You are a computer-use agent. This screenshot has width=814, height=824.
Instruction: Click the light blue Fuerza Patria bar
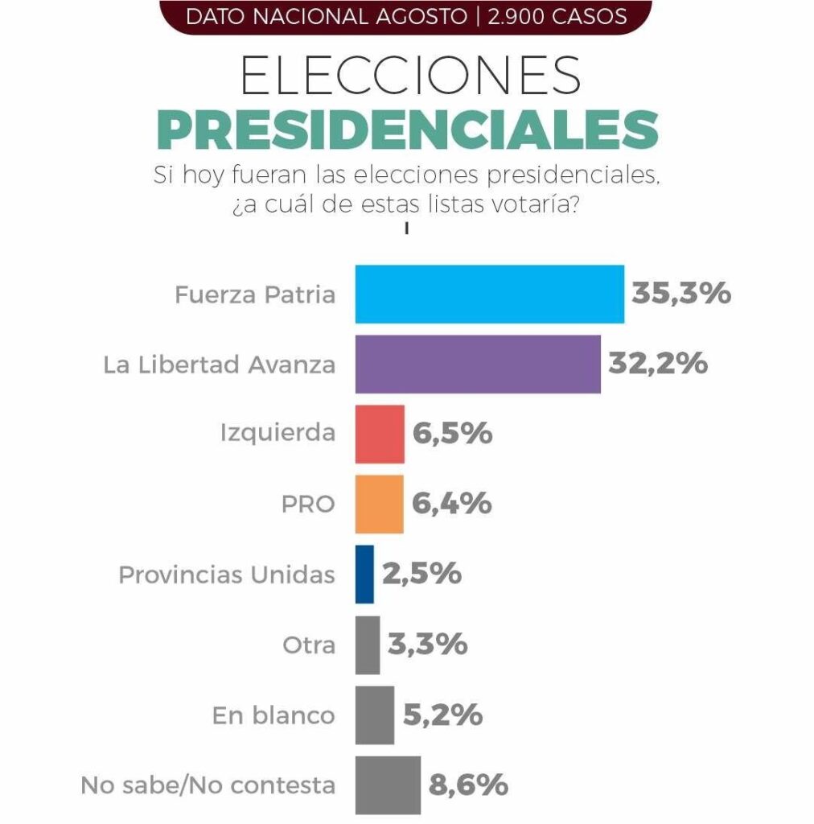pyautogui.click(x=490, y=295)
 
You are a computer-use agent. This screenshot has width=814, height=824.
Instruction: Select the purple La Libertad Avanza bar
pyautogui.click(x=478, y=365)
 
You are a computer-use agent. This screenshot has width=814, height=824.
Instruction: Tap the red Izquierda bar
pyautogui.click(x=380, y=434)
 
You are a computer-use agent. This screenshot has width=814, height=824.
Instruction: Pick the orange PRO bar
pyautogui.click(x=379, y=505)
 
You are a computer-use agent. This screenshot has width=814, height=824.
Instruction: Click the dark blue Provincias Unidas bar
pyautogui.click(x=364, y=575)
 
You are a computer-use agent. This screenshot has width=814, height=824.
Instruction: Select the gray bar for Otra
pyautogui.click(x=368, y=645)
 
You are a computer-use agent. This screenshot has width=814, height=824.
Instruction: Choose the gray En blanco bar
pyautogui.click(x=375, y=715)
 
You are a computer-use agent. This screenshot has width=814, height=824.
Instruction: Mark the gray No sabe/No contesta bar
pyautogui.click(x=388, y=785)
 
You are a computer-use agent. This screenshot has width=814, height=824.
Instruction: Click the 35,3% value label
pyautogui.click(x=681, y=293)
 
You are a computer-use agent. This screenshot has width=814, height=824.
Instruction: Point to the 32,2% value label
pyautogui.click(x=658, y=363)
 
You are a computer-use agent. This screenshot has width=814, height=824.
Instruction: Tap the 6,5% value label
pyautogui.click(x=453, y=434)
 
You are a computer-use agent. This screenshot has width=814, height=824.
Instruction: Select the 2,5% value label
pyautogui.click(x=421, y=573)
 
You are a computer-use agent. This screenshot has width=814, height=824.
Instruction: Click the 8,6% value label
pyautogui.click(x=468, y=785)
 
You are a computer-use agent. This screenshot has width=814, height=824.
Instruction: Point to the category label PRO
pyautogui.click(x=308, y=505)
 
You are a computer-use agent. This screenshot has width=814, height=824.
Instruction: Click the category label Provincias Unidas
pyautogui.click(x=227, y=575)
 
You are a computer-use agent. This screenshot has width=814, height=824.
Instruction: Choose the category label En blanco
pyautogui.click(x=273, y=715)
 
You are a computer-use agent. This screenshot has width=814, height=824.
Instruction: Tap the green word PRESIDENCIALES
pyautogui.click(x=408, y=130)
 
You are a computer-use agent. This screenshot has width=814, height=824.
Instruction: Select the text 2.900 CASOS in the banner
pyautogui.click(x=557, y=16)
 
